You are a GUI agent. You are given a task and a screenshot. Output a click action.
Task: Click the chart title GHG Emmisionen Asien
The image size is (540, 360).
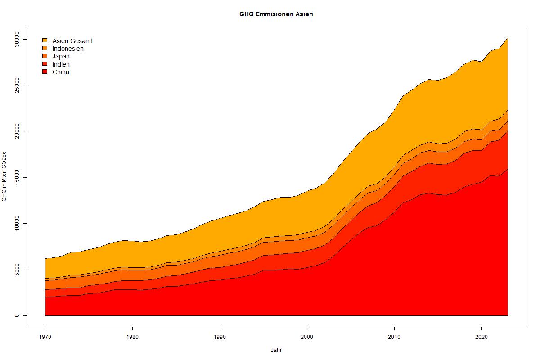pos(276,14)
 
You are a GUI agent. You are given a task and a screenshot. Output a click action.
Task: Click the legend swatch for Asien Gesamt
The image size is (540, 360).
pos(45,40)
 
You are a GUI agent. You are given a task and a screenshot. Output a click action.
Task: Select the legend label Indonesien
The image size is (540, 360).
pos(68,49)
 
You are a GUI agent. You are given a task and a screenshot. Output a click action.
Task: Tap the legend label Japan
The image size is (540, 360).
pos(61,56)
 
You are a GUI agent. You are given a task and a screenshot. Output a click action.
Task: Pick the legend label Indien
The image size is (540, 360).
pos(61,64)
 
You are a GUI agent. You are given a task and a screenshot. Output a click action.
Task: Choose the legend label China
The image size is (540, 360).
pos(61,72)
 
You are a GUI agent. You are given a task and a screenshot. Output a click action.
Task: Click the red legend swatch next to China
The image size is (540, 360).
pos(45,72)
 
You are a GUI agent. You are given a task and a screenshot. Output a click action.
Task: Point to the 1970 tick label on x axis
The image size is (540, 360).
pos(45,337)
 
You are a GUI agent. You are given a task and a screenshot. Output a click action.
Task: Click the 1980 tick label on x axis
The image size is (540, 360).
pos(132,337)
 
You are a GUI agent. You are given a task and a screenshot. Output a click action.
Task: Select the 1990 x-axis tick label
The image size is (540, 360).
pos(220,337)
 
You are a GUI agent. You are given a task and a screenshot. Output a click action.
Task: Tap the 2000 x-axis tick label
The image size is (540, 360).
pos(307,337)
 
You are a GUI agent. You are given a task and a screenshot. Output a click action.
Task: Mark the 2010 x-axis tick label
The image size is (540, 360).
pos(394,337)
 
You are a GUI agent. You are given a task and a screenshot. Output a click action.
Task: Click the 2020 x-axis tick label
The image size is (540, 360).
pos(481,337)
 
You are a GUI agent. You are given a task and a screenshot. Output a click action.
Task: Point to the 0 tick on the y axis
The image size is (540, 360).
pos(17,315)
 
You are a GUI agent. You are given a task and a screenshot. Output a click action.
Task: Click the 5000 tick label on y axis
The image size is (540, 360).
pos(17,270)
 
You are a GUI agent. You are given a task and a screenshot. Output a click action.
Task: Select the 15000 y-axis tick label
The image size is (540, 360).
pos(17,177)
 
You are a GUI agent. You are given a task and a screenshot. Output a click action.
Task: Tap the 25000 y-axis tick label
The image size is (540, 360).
pos(17,85)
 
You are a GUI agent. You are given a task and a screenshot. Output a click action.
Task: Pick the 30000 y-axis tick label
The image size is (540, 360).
pos(17,39)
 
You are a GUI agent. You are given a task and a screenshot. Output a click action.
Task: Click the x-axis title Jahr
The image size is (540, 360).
pos(276,350)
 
